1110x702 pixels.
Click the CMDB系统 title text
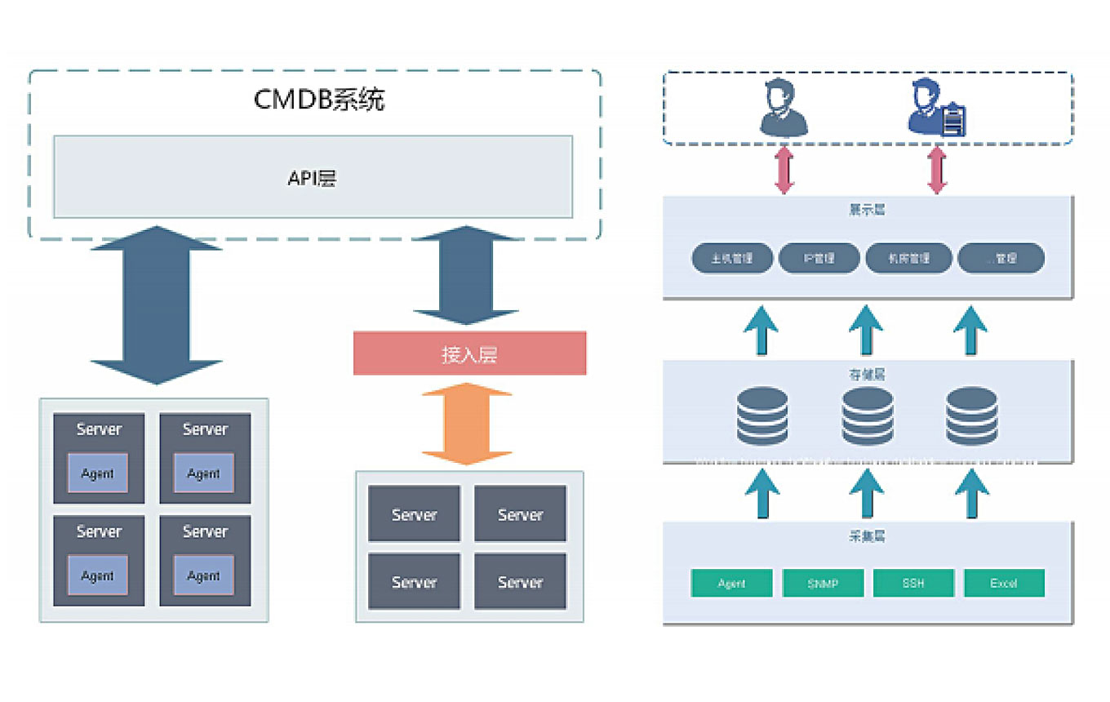coord(319,100)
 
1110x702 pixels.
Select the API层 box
coord(313,177)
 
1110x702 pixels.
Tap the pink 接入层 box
coord(469,353)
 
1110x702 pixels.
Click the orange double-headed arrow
coord(467,424)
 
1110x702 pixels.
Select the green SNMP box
coord(822,583)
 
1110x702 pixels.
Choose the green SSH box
coord(913,583)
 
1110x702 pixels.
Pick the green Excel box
coord(1004,583)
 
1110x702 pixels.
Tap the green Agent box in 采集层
coord(731,583)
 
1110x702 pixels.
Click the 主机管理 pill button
coord(731,258)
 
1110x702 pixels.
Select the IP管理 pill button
coord(819,258)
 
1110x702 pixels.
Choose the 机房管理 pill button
coord(908,258)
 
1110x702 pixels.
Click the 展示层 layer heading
coord(867,210)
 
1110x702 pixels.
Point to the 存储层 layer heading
coord(867,375)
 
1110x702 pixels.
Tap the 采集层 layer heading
coord(867,536)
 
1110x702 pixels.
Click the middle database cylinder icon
coord(867,416)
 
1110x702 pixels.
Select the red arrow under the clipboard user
coord(937,171)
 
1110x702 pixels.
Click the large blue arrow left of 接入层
coord(156,304)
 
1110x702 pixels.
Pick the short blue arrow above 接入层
coord(466,275)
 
